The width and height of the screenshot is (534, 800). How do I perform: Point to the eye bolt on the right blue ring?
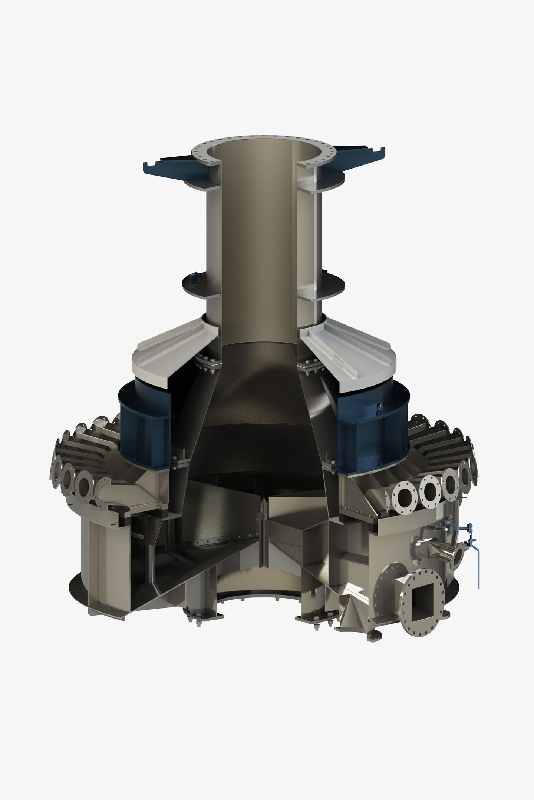click(x=379, y=407)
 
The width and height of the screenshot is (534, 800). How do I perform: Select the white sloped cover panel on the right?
click(x=356, y=348)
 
